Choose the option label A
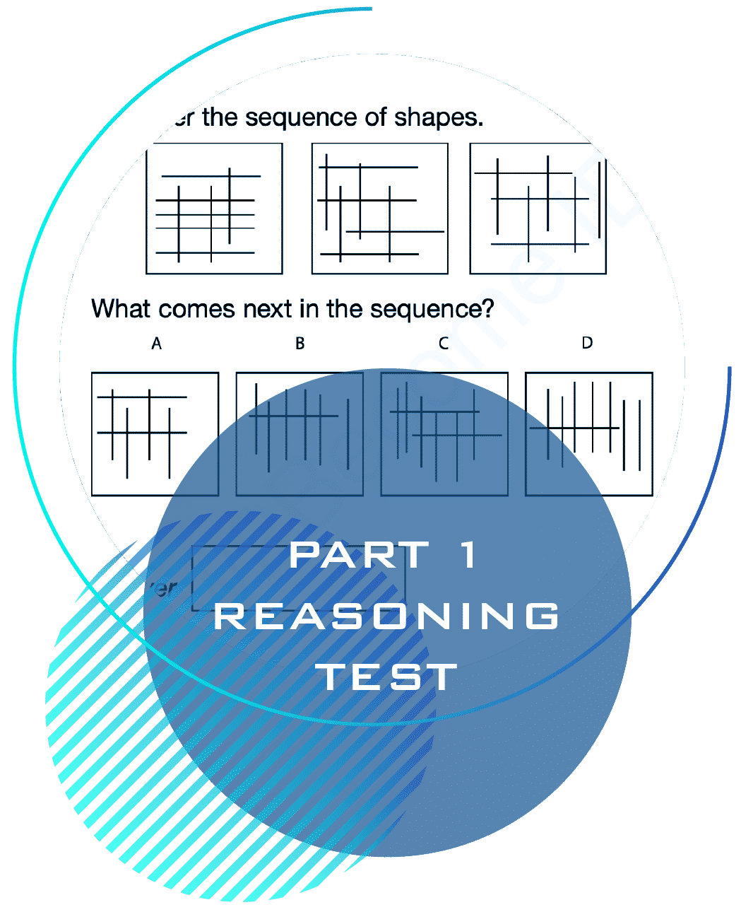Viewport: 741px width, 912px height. [156, 344]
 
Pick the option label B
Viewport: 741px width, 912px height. [300, 344]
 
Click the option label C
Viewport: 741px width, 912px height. [444, 344]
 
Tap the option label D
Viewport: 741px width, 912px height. [587, 343]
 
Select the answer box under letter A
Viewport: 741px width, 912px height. [155, 434]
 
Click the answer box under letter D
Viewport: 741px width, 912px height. [588, 434]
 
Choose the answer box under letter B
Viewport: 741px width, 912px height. [300, 434]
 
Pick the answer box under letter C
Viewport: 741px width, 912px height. [444, 434]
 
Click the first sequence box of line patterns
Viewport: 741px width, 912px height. [214, 209]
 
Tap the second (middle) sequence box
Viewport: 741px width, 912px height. [380, 209]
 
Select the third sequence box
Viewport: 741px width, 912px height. [538, 209]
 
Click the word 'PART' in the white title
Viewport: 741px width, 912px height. [360, 555]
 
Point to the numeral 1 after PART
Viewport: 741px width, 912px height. [468, 555]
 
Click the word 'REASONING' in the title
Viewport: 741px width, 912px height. [386, 616]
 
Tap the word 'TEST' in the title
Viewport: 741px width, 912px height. [386, 677]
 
